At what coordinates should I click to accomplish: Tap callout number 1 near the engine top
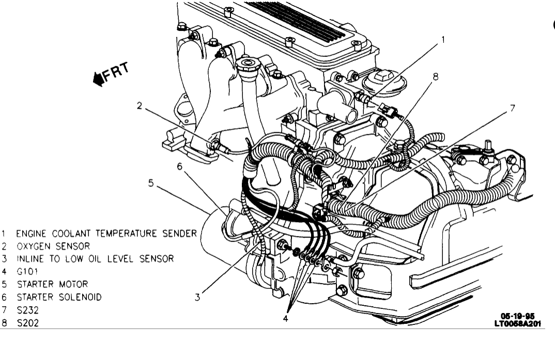tap(443, 39)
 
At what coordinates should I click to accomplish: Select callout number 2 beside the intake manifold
tap(139, 106)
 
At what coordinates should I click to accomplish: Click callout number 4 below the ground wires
tap(285, 319)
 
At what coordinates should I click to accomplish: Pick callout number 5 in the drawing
tap(150, 183)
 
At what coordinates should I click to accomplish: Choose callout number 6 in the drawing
tap(179, 167)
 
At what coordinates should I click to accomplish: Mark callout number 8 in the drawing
tap(435, 76)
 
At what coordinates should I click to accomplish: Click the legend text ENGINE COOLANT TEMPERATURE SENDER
tap(106, 233)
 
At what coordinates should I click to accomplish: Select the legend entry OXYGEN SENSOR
tap(53, 246)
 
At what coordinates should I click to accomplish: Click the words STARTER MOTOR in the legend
tap(52, 284)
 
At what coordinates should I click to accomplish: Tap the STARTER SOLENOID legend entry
tap(59, 297)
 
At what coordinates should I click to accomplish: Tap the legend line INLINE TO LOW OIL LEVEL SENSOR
tap(95, 259)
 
